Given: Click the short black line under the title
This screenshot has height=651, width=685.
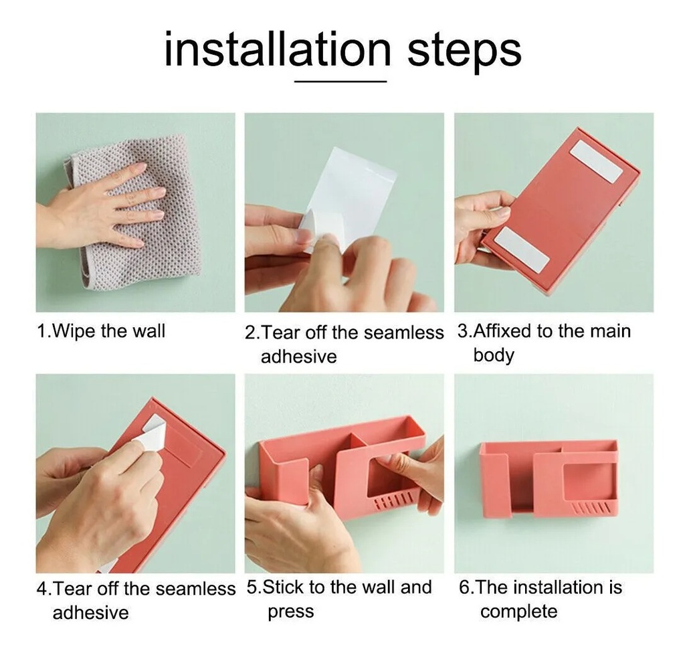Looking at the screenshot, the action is click(x=340, y=81).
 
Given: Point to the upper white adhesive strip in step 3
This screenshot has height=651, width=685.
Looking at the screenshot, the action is click(x=596, y=161).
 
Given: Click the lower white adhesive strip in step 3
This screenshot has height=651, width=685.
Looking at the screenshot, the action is click(x=522, y=248).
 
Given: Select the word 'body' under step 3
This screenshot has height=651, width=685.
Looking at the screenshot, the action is click(x=494, y=355).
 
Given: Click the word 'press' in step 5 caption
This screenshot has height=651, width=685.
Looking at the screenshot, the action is click(x=291, y=612).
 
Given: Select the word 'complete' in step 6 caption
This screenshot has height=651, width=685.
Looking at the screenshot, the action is click(x=519, y=612).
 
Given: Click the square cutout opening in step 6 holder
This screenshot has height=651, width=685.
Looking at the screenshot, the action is click(x=585, y=482).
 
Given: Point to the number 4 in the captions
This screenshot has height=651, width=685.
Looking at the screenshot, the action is click(x=42, y=589).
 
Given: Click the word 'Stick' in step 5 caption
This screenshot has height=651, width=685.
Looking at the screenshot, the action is click(x=283, y=587).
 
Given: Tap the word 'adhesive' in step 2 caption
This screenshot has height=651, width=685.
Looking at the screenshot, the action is click(x=299, y=357).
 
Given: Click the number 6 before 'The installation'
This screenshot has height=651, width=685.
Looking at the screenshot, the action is click(x=464, y=587).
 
